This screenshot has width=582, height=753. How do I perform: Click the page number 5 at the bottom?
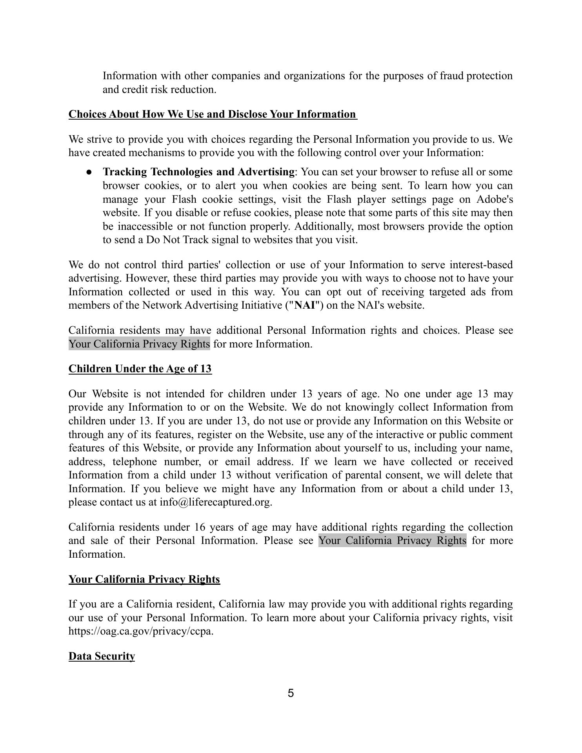point(291,693)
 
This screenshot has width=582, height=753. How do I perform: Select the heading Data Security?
point(102,656)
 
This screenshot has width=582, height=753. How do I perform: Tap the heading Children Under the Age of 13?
point(140,369)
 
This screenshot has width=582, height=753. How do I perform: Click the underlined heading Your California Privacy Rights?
point(144,579)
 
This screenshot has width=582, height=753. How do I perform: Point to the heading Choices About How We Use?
point(213,114)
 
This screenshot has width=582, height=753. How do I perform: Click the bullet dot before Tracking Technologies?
point(89,172)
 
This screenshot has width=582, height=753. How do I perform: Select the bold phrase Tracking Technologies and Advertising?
point(198,172)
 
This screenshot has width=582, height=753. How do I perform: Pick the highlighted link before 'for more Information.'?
point(139,344)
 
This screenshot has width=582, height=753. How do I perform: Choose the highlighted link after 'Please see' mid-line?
point(392,540)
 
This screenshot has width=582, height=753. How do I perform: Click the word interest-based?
point(481,265)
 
